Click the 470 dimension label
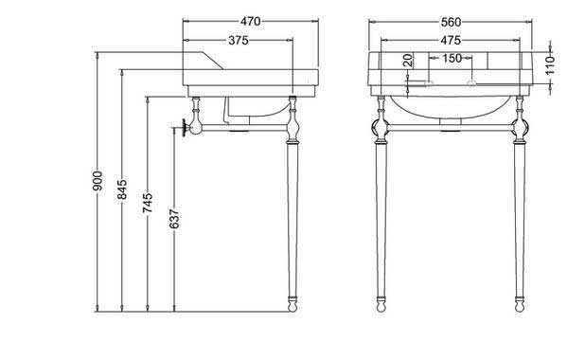tap(250, 22)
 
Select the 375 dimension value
tap(239, 40)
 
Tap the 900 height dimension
tap(97, 181)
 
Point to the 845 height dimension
tap(122, 189)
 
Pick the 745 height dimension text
tap(148, 203)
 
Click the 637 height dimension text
tap(174, 219)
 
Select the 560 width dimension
tap(452, 22)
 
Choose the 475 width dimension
tap(451, 40)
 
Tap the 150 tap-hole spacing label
tap(452, 58)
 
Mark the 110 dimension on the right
tap(550, 65)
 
